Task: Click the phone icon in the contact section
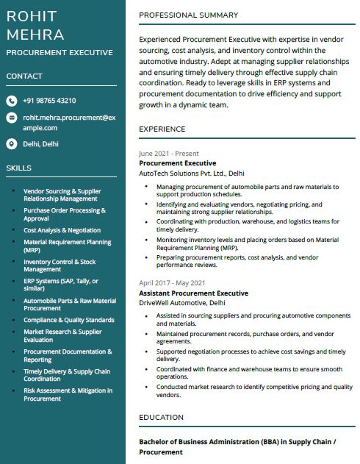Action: coord(12,101)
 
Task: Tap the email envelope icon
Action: coord(12,118)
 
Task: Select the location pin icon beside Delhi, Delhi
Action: coord(12,144)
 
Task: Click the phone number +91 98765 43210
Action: coord(49,101)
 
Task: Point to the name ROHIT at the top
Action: coord(32,16)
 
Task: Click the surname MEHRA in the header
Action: coord(35,35)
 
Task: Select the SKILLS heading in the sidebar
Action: coord(18,168)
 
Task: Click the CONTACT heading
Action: coord(24,76)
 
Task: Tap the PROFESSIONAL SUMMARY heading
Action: coord(188,15)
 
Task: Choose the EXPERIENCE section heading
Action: coord(162,129)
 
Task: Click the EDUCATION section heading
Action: coord(161,418)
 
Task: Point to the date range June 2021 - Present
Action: coord(168,154)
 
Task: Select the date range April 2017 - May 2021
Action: coord(172,283)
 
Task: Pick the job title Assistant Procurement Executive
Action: coord(193,293)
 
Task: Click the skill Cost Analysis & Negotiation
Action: coord(62,230)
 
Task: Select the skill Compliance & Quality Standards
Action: coord(68,320)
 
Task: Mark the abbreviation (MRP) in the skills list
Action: coord(32,249)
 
